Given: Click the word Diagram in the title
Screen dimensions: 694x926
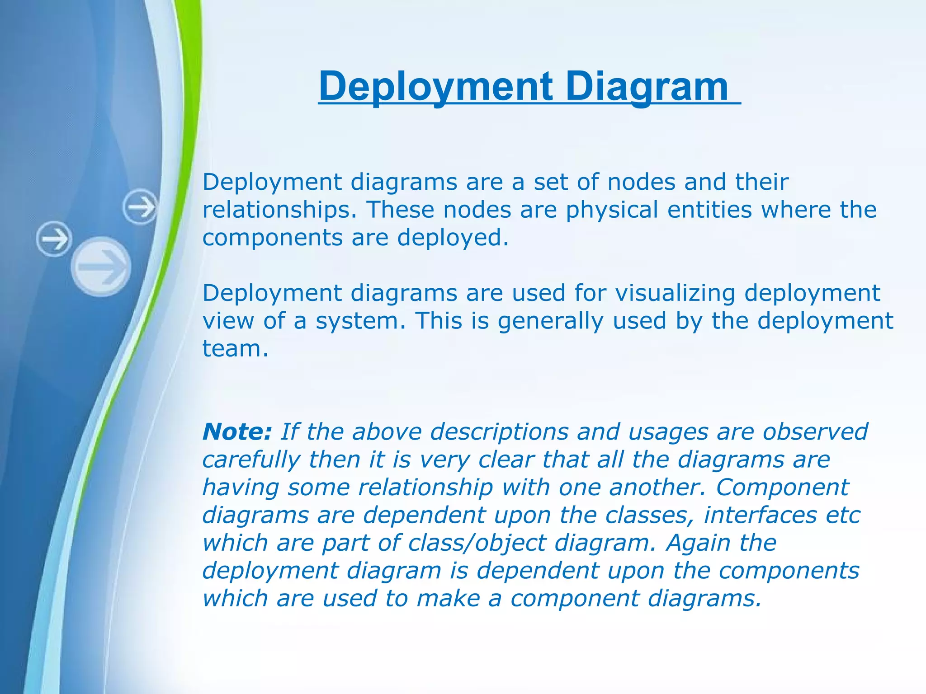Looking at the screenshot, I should point(647,87).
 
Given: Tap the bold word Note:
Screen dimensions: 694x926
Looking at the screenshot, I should point(237,431).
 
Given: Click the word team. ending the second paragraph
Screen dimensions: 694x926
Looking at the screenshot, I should point(235,349).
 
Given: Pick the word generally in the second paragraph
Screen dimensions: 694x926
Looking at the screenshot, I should point(551,321).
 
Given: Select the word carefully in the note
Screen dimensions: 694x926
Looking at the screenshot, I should point(251,460).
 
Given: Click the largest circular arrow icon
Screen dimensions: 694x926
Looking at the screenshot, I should point(101,267).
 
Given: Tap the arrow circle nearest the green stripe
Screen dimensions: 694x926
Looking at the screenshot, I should point(140,207).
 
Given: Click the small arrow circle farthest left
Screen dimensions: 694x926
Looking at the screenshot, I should point(54,239).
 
